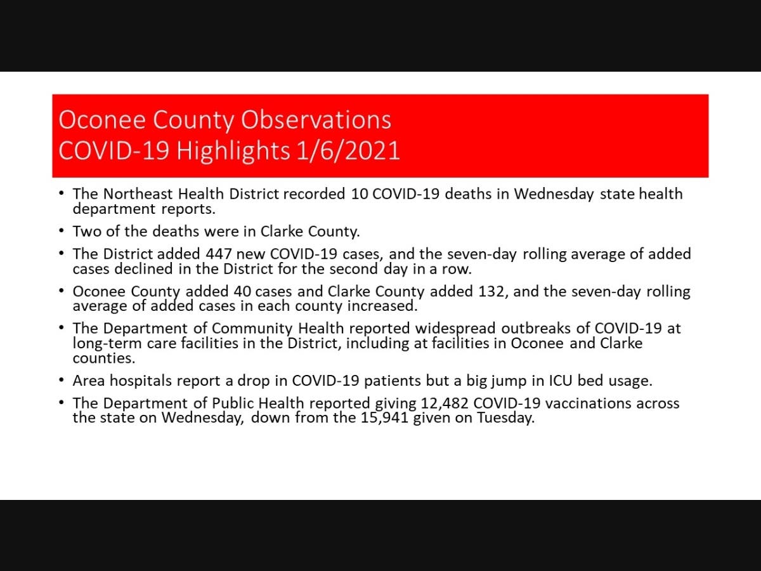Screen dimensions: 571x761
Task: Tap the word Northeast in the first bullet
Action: click(132, 194)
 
